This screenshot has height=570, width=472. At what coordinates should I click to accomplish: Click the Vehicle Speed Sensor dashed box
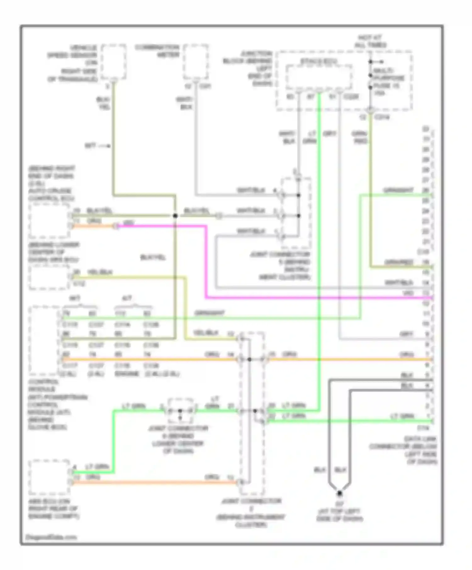click(x=114, y=62)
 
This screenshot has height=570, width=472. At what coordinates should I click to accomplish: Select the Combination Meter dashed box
click(x=196, y=62)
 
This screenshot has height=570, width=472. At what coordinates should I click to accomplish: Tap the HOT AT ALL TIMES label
click(x=370, y=41)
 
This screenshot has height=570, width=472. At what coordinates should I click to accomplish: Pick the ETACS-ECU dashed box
click(x=319, y=77)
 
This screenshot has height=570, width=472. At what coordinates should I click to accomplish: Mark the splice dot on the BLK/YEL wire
click(x=175, y=216)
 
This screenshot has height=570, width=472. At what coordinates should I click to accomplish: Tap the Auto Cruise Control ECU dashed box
click(x=49, y=221)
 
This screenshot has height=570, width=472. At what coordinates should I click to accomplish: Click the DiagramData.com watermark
click(x=51, y=537)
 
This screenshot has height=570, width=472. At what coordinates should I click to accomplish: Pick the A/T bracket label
click(x=127, y=298)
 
